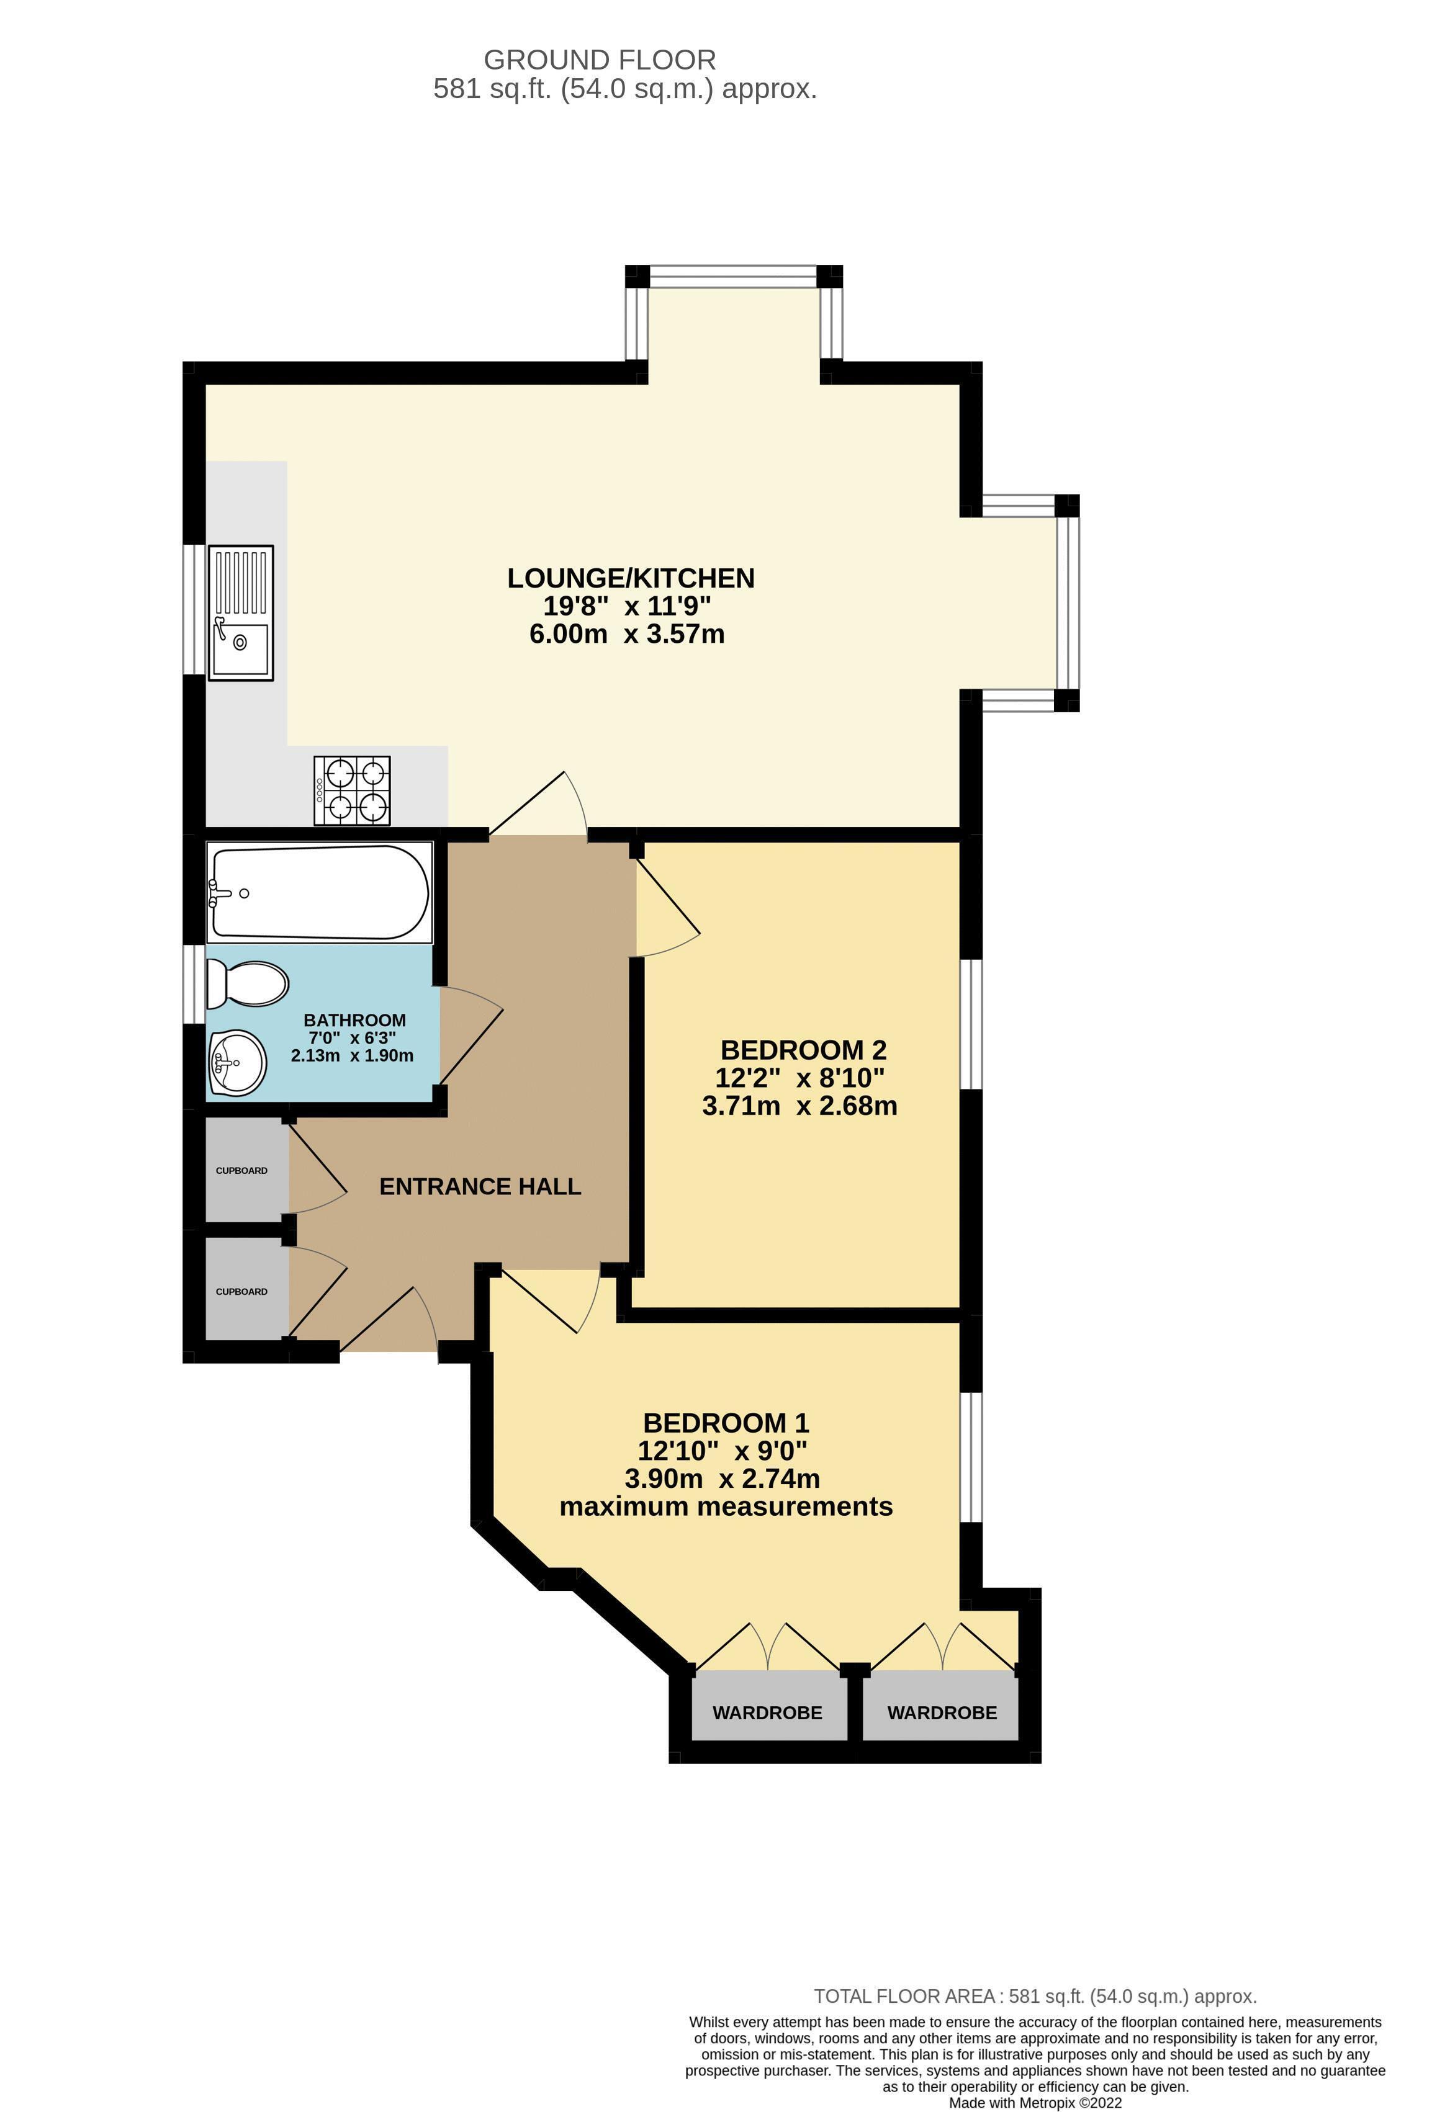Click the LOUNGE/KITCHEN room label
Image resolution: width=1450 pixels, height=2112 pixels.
(x=630, y=578)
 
